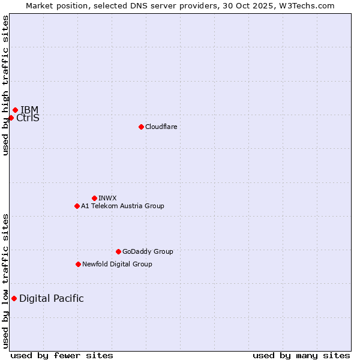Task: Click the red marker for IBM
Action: tap(15, 110)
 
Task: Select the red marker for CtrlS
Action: tap(11, 118)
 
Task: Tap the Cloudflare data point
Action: tap(141, 127)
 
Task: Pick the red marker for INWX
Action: tap(94, 198)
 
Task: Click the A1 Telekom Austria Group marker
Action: tap(77, 206)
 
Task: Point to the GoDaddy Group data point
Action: tap(118, 251)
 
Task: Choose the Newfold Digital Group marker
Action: tap(78, 264)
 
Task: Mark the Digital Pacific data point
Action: tap(14, 298)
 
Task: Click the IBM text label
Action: tap(29, 110)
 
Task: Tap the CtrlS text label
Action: tap(28, 118)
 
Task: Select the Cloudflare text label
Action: tap(161, 127)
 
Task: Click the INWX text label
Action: tap(107, 198)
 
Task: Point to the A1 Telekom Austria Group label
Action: tap(122, 206)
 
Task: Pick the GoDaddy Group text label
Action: tap(148, 251)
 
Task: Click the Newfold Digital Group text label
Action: tap(117, 264)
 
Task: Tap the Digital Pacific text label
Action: tap(52, 299)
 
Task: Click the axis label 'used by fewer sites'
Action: tap(62, 355)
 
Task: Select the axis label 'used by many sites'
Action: tap(301, 355)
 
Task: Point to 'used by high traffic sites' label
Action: tap(6, 85)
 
